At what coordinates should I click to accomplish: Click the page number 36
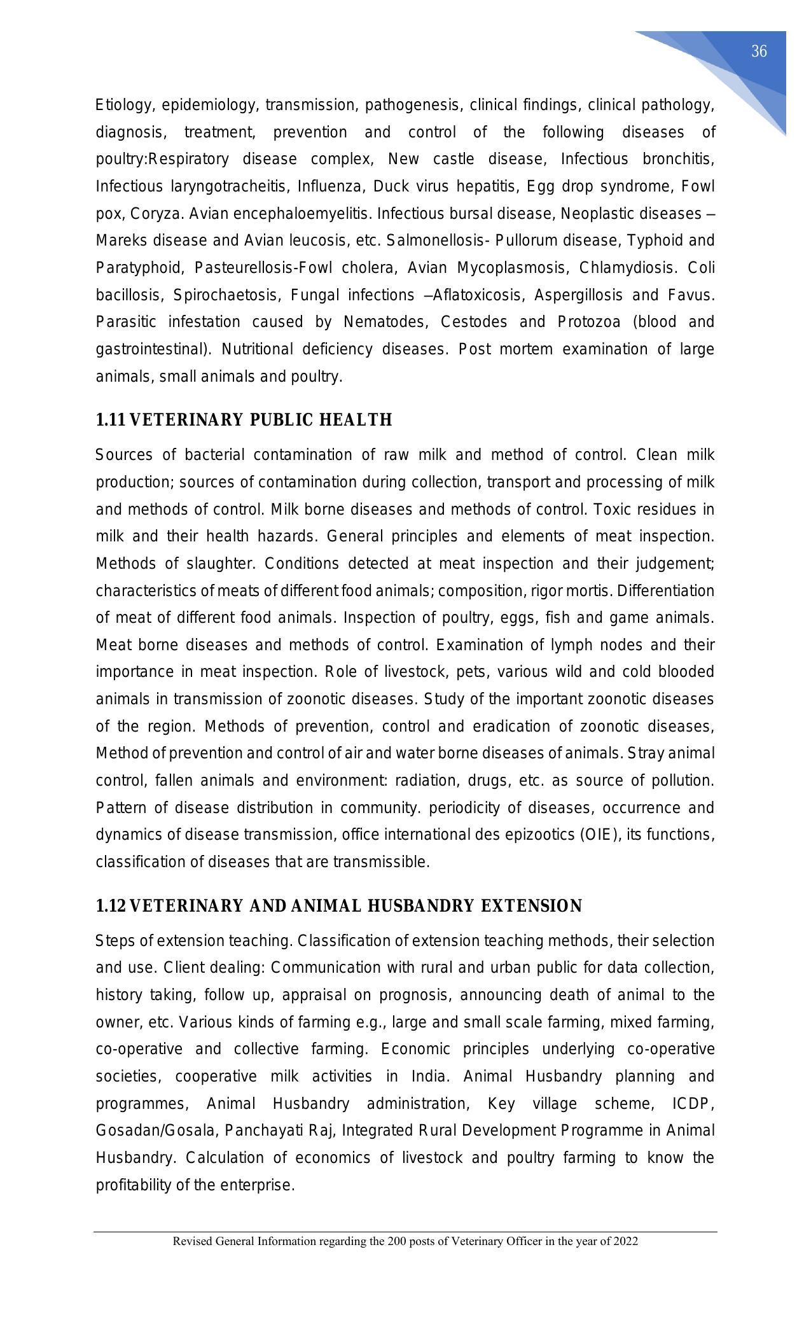pyautogui.click(x=759, y=52)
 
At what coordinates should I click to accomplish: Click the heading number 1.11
pyautogui.click(x=111, y=420)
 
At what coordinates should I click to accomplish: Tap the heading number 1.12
pyautogui.click(x=111, y=906)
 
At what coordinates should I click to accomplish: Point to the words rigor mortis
pyautogui.click(x=579, y=591)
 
